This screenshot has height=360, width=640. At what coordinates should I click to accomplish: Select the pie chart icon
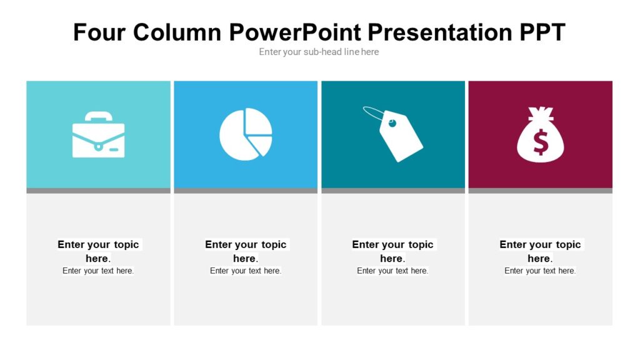pos(245,134)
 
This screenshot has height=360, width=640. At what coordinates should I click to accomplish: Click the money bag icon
pos(540,136)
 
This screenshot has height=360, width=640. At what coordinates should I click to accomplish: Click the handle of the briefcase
pos(98,116)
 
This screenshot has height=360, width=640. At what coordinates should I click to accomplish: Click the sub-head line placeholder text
pos(319,52)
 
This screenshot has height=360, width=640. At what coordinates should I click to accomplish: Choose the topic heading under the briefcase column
pos(98,251)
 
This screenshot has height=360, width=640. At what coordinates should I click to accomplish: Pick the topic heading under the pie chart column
pos(246,251)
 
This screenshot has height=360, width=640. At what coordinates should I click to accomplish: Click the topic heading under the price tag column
pos(392,251)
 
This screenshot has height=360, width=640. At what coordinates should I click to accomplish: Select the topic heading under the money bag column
pos(540,251)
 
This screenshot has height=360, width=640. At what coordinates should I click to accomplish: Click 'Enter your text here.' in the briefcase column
pos(98,271)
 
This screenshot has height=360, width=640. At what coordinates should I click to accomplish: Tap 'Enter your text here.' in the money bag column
pos(540,271)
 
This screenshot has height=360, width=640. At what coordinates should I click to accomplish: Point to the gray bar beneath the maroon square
pos(540,191)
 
